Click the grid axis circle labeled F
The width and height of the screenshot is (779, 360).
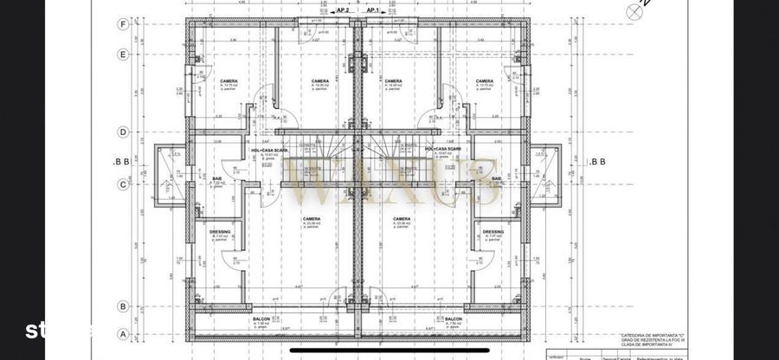124,24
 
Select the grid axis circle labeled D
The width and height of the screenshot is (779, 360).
124,132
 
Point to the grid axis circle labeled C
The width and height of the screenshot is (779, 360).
124,183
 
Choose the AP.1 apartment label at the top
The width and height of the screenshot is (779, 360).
373,10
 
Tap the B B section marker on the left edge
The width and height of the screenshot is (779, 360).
122,161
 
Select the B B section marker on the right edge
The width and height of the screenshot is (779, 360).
596,161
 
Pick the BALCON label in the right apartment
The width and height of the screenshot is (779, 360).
453,319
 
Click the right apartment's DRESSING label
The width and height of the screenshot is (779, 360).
493,231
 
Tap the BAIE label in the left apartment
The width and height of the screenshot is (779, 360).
217,178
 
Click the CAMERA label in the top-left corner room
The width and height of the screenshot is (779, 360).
229,81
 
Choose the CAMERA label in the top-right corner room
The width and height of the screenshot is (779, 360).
484,81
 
